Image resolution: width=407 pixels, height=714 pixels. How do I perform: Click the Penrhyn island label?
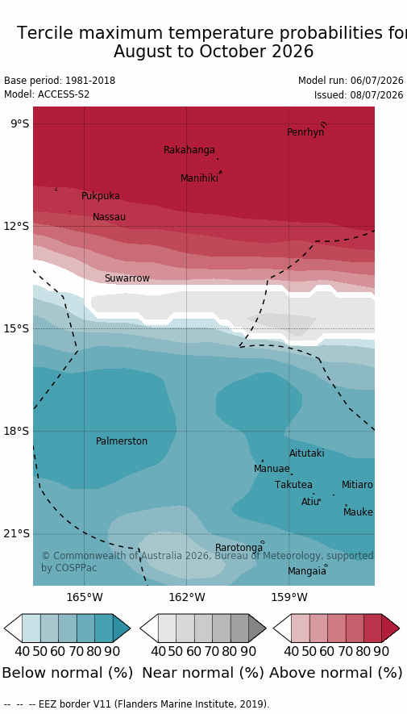tap(305, 132)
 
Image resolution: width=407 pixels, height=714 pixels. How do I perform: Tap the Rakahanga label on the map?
tap(189, 150)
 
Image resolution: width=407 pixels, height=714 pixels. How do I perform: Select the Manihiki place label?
tap(199, 178)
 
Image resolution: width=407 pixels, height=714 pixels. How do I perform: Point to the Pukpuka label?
tap(101, 196)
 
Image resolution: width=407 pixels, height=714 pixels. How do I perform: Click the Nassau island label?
tap(109, 217)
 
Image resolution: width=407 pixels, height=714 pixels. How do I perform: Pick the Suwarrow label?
tap(127, 278)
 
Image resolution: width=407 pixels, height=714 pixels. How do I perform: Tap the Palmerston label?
tap(122, 441)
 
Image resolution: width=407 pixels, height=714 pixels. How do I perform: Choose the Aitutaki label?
tap(307, 453)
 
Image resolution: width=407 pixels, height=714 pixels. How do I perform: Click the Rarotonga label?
tap(239, 547)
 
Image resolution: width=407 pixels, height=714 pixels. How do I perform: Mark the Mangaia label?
tap(307, 570)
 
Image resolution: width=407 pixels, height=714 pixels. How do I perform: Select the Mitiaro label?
tap(357, 485)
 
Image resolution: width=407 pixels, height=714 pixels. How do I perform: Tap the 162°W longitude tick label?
tap(187, 596)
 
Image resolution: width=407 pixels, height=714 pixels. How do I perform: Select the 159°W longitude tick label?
tap(289, 596)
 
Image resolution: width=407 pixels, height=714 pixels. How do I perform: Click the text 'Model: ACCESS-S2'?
tap(47, 94)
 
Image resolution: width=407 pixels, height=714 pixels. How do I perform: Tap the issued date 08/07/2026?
tap(376, 94)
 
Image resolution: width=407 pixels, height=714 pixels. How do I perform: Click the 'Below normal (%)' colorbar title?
tap(68, 673)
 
